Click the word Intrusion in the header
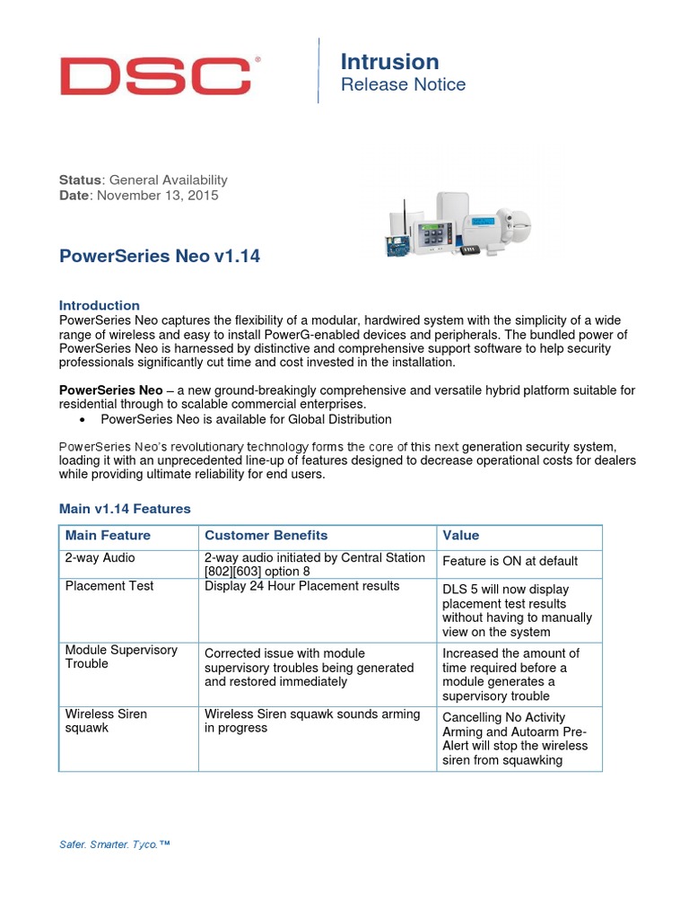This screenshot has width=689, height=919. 389,62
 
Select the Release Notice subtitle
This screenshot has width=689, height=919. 403,85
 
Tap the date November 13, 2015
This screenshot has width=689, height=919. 158,196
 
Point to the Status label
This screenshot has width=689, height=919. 81,179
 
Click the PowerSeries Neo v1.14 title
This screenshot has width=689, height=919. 160,257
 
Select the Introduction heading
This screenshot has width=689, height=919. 100,305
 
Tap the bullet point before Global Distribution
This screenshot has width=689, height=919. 83,420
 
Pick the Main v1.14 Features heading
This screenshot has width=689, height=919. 125,509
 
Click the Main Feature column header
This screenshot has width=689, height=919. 108,536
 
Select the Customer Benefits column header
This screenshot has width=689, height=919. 266,536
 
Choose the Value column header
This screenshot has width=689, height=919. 461,536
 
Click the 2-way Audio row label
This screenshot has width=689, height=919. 100,558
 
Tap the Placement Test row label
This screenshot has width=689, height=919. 109,586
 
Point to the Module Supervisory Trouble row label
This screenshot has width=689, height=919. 121,657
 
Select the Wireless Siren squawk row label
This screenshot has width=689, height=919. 106,721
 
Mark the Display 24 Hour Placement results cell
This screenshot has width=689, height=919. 301,586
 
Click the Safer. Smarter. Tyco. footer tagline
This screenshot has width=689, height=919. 114,845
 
